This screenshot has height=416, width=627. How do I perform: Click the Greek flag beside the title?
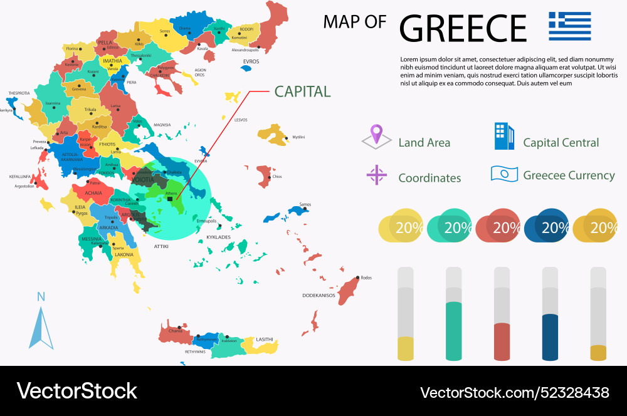click(569, 26)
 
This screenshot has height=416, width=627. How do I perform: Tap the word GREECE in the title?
click(463, 28)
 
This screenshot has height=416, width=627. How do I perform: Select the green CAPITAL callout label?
click(302, 91)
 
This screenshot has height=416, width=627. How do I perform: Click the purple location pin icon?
click(376, 135)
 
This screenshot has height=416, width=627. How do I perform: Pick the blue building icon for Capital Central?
click(503, 136)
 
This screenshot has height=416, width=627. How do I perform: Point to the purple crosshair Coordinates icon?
click(376, 175)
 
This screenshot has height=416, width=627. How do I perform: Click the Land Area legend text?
click(424, 143)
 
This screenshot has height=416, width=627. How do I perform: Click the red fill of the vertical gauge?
click(502, 341)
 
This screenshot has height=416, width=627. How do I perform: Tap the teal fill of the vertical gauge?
click(453, 331)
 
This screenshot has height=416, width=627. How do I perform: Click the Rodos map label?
click(367, 278)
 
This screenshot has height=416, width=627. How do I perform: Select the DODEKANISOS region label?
click(319, 295)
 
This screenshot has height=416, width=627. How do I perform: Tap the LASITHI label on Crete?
click(265, 340)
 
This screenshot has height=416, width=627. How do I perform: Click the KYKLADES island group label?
click(218, 237)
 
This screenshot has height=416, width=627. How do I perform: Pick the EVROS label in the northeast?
click(251, 61)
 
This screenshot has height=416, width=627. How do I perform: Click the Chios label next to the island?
click(277, 177)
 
